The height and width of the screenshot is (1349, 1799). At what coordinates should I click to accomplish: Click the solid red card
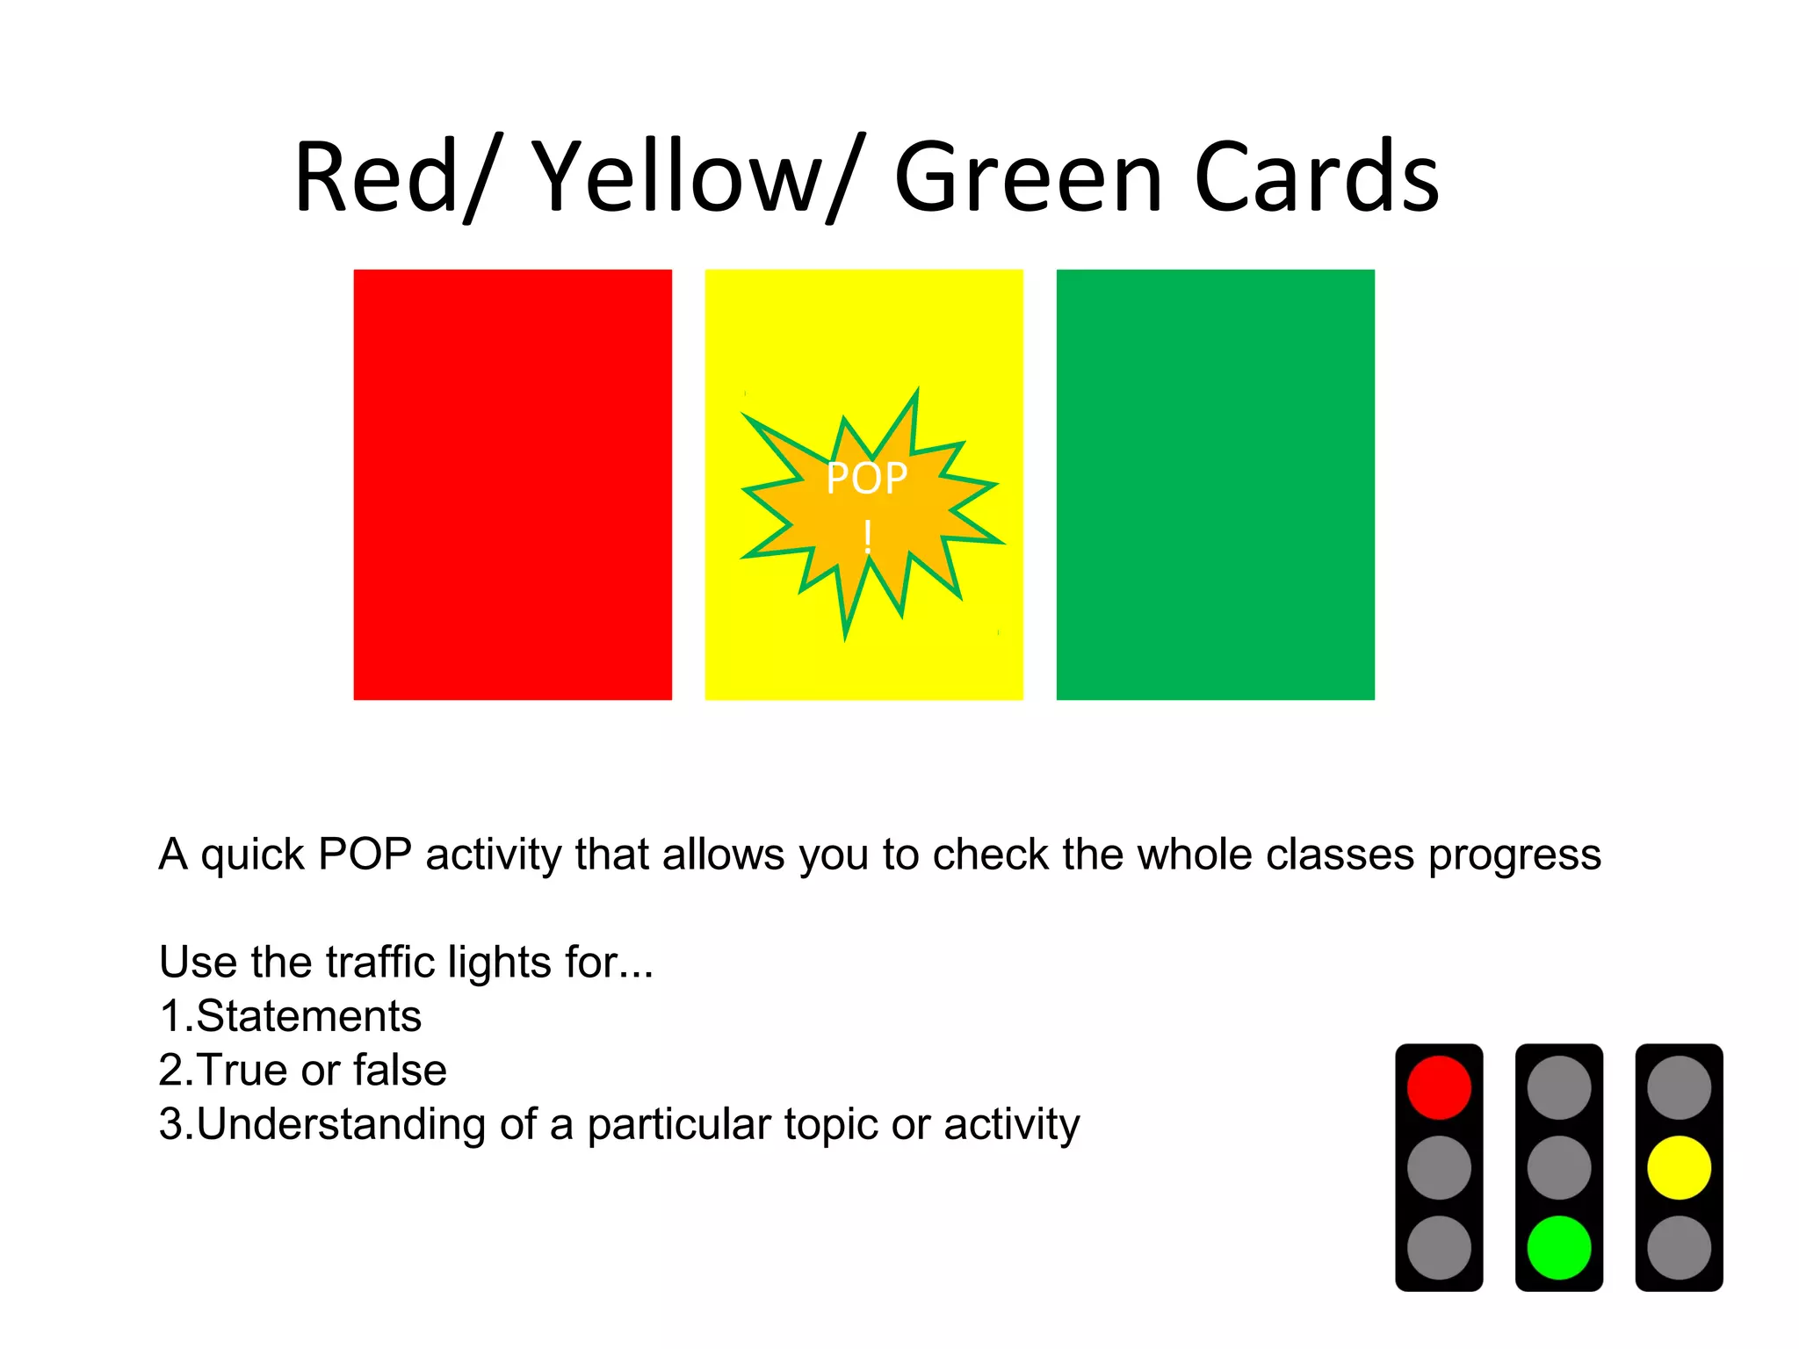click(x=512, y=484)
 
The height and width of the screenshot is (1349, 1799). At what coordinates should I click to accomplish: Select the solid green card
click(x=1215, y=484)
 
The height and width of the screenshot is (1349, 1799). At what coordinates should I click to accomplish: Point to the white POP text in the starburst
click(x=866, y=480)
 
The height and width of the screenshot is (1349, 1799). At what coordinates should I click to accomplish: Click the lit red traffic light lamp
click(x=1439, y=1087)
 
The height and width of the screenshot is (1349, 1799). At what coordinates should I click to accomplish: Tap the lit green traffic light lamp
click(x=1558, y=1247)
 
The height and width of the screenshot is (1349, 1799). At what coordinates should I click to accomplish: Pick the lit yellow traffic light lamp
click(x=1679, y=1167)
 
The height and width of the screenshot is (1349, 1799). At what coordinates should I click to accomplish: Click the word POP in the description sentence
click(x=365, y=854)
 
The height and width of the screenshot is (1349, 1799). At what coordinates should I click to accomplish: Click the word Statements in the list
click(x=308, y=1016)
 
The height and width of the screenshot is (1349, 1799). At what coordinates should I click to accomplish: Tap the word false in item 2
click(x=400, y=1070)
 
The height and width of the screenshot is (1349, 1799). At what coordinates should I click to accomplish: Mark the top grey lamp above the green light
click(x=1558, y=1087)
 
